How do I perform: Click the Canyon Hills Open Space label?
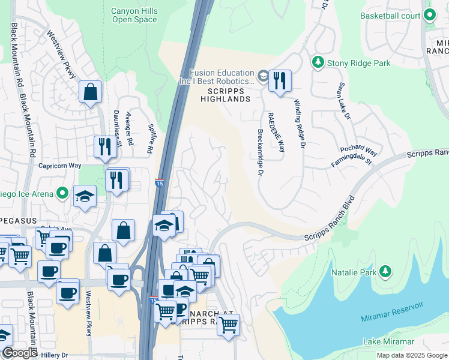[x=134, y=15]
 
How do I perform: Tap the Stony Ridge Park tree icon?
[x=317, y=62]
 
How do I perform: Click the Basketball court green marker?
[x=430, y=16]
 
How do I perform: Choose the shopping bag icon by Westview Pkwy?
[x=90, y=92]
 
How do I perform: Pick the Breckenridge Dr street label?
[x=261, y=154]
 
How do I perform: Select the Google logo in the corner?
[x=19, y=353]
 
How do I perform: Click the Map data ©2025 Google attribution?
[x=412, y=355]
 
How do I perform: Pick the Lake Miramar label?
[x=388, y=341]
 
